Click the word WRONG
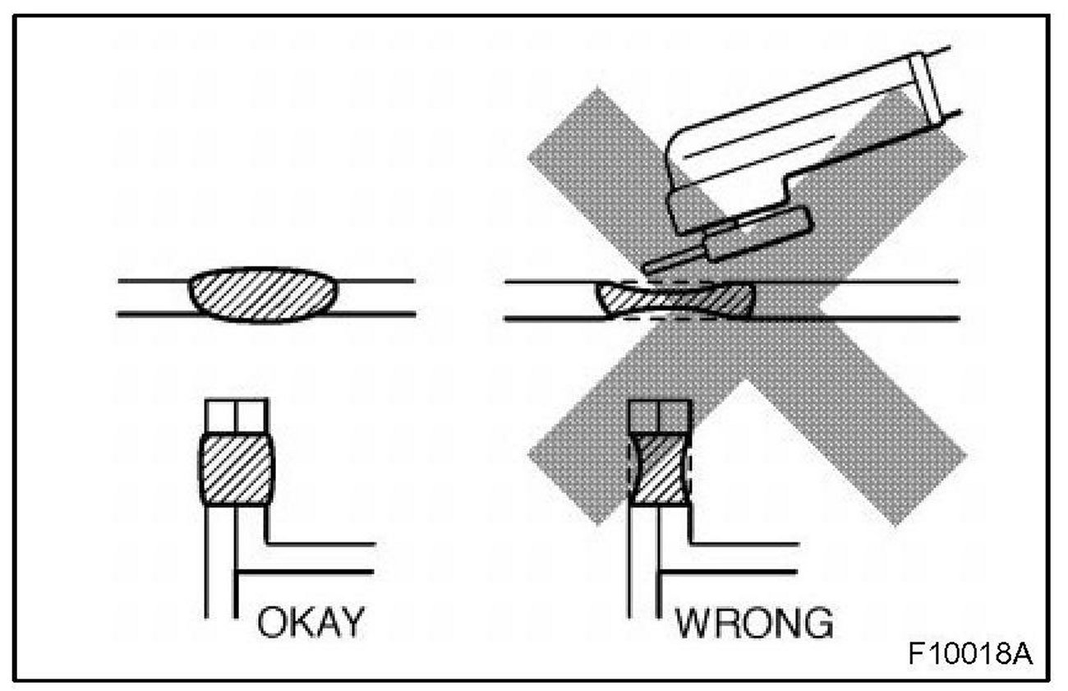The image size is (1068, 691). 753,624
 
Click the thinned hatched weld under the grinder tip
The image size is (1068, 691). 678,300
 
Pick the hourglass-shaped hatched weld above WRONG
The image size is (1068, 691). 660,471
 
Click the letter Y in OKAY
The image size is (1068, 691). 347,624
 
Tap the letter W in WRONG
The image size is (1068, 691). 693,624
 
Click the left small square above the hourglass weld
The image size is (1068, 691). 643,417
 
